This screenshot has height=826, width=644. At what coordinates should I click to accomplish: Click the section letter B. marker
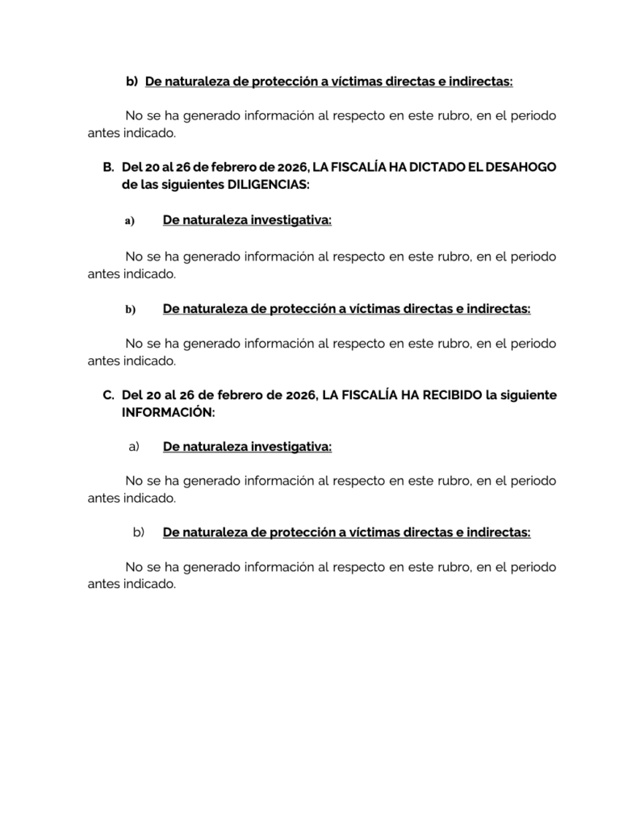click(x=108, y=167)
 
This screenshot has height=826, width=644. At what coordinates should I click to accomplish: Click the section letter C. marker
click(x=108, y=395)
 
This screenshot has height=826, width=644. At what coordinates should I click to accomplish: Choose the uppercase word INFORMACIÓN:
click(x=168, y=412)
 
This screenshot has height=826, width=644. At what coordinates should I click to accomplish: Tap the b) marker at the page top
click(x=132, y=81)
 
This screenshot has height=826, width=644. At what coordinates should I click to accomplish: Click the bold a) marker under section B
click(x=130, y=221)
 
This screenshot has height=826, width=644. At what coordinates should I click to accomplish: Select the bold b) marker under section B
click(x=130, y=309)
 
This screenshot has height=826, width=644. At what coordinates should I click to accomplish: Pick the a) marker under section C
click(x=135, y=446)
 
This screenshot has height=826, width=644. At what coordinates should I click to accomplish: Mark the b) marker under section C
click(x=138, y=532)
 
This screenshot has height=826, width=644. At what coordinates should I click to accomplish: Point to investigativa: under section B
click(x=291, y=220)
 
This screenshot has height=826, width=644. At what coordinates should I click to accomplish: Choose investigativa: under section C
click(x=291, y=446)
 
